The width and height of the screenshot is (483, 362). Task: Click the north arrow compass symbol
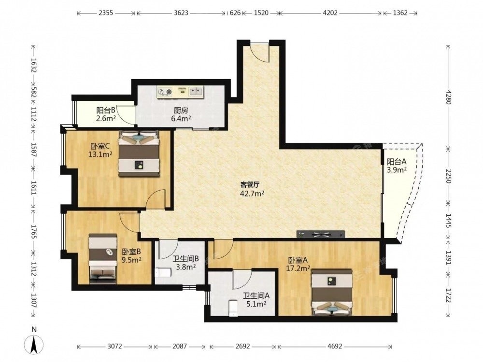(x=34, y=344)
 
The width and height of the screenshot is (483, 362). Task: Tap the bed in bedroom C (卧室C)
(x=139, y=153)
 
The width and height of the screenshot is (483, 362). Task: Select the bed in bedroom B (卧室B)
(x=103, y=259)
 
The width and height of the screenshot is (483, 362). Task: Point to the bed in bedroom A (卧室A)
(x=332, y=292)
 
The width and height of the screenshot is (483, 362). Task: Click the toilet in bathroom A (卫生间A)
(x=234, y=308)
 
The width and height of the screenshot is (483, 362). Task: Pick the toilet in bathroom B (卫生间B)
(x=163, y=272)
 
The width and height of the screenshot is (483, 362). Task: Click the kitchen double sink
(x=196, y=91)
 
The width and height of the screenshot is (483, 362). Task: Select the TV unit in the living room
(x=321, y=234)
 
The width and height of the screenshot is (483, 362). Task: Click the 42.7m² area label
(x=252, y=194)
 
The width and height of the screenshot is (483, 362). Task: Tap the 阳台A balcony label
(x=397, y=161)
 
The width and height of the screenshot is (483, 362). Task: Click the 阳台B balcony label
(x=106, y=110)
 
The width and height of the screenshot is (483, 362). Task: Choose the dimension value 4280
(x=448, y=97)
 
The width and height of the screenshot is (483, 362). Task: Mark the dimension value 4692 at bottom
(x=335, y=346)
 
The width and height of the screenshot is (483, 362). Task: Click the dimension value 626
(x=235, y=13)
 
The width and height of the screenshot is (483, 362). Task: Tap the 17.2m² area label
(x=298, y=268)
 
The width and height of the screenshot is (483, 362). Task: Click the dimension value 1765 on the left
(x=34, y=231)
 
